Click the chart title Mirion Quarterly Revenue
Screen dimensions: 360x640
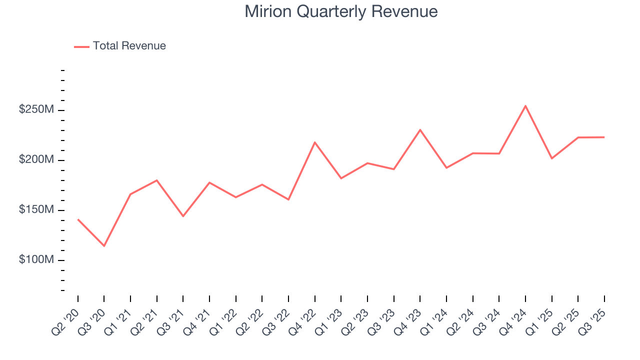click(x=341, y=11)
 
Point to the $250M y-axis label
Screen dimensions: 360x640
click(x=36, y=110)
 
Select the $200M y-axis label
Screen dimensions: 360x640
click(x=36, y=160)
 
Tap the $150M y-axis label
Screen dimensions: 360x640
click(x=36, y=210)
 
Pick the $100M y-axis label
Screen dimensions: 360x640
click(x=36, y=260)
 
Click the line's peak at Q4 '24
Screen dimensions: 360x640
click(x=525, y=105)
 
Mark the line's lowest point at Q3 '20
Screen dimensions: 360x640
click(x=104, y=246)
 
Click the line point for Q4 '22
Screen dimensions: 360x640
click(x=315, y=142)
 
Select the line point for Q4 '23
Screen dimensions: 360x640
click(x=420, y=130)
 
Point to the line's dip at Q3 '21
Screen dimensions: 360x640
click(x=183, y=216)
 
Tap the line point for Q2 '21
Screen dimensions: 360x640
click(x=157, y=180)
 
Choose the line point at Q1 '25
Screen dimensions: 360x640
click(x=551, y=158)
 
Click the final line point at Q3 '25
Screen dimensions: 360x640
click(x=604, y=137)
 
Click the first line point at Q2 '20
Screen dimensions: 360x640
click(x=78, y=219)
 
